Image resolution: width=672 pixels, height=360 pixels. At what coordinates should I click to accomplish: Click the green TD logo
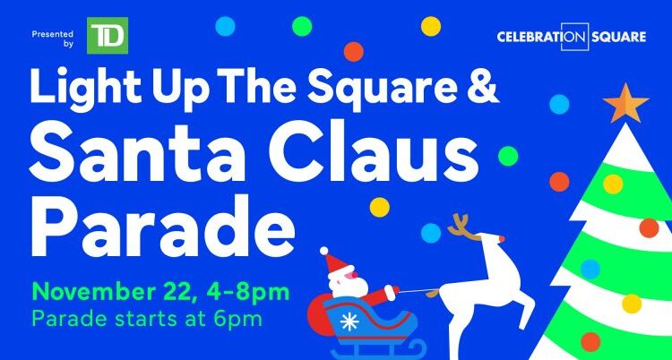tap(108, 35)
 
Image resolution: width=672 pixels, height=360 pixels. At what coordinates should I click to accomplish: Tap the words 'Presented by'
tap(52, 35)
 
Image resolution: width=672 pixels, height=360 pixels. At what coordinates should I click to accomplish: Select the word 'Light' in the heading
tap(71, 90)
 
